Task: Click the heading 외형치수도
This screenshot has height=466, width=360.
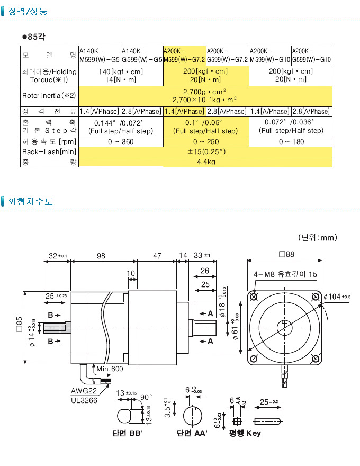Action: [x=30, y=201]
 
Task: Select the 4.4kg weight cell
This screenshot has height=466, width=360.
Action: [x=205, y=162]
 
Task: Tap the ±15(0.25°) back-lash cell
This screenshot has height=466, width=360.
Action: [x=205, y=151]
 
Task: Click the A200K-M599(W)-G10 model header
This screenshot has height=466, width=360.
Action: [x=269, y=55]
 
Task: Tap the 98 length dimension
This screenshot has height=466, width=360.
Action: [x=101, y=256]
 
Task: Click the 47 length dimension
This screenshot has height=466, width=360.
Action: [x=157, y=256]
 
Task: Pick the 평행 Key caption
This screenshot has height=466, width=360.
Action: [x=245, y=433]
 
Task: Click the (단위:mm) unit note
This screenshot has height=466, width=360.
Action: [x=317, y=237]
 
